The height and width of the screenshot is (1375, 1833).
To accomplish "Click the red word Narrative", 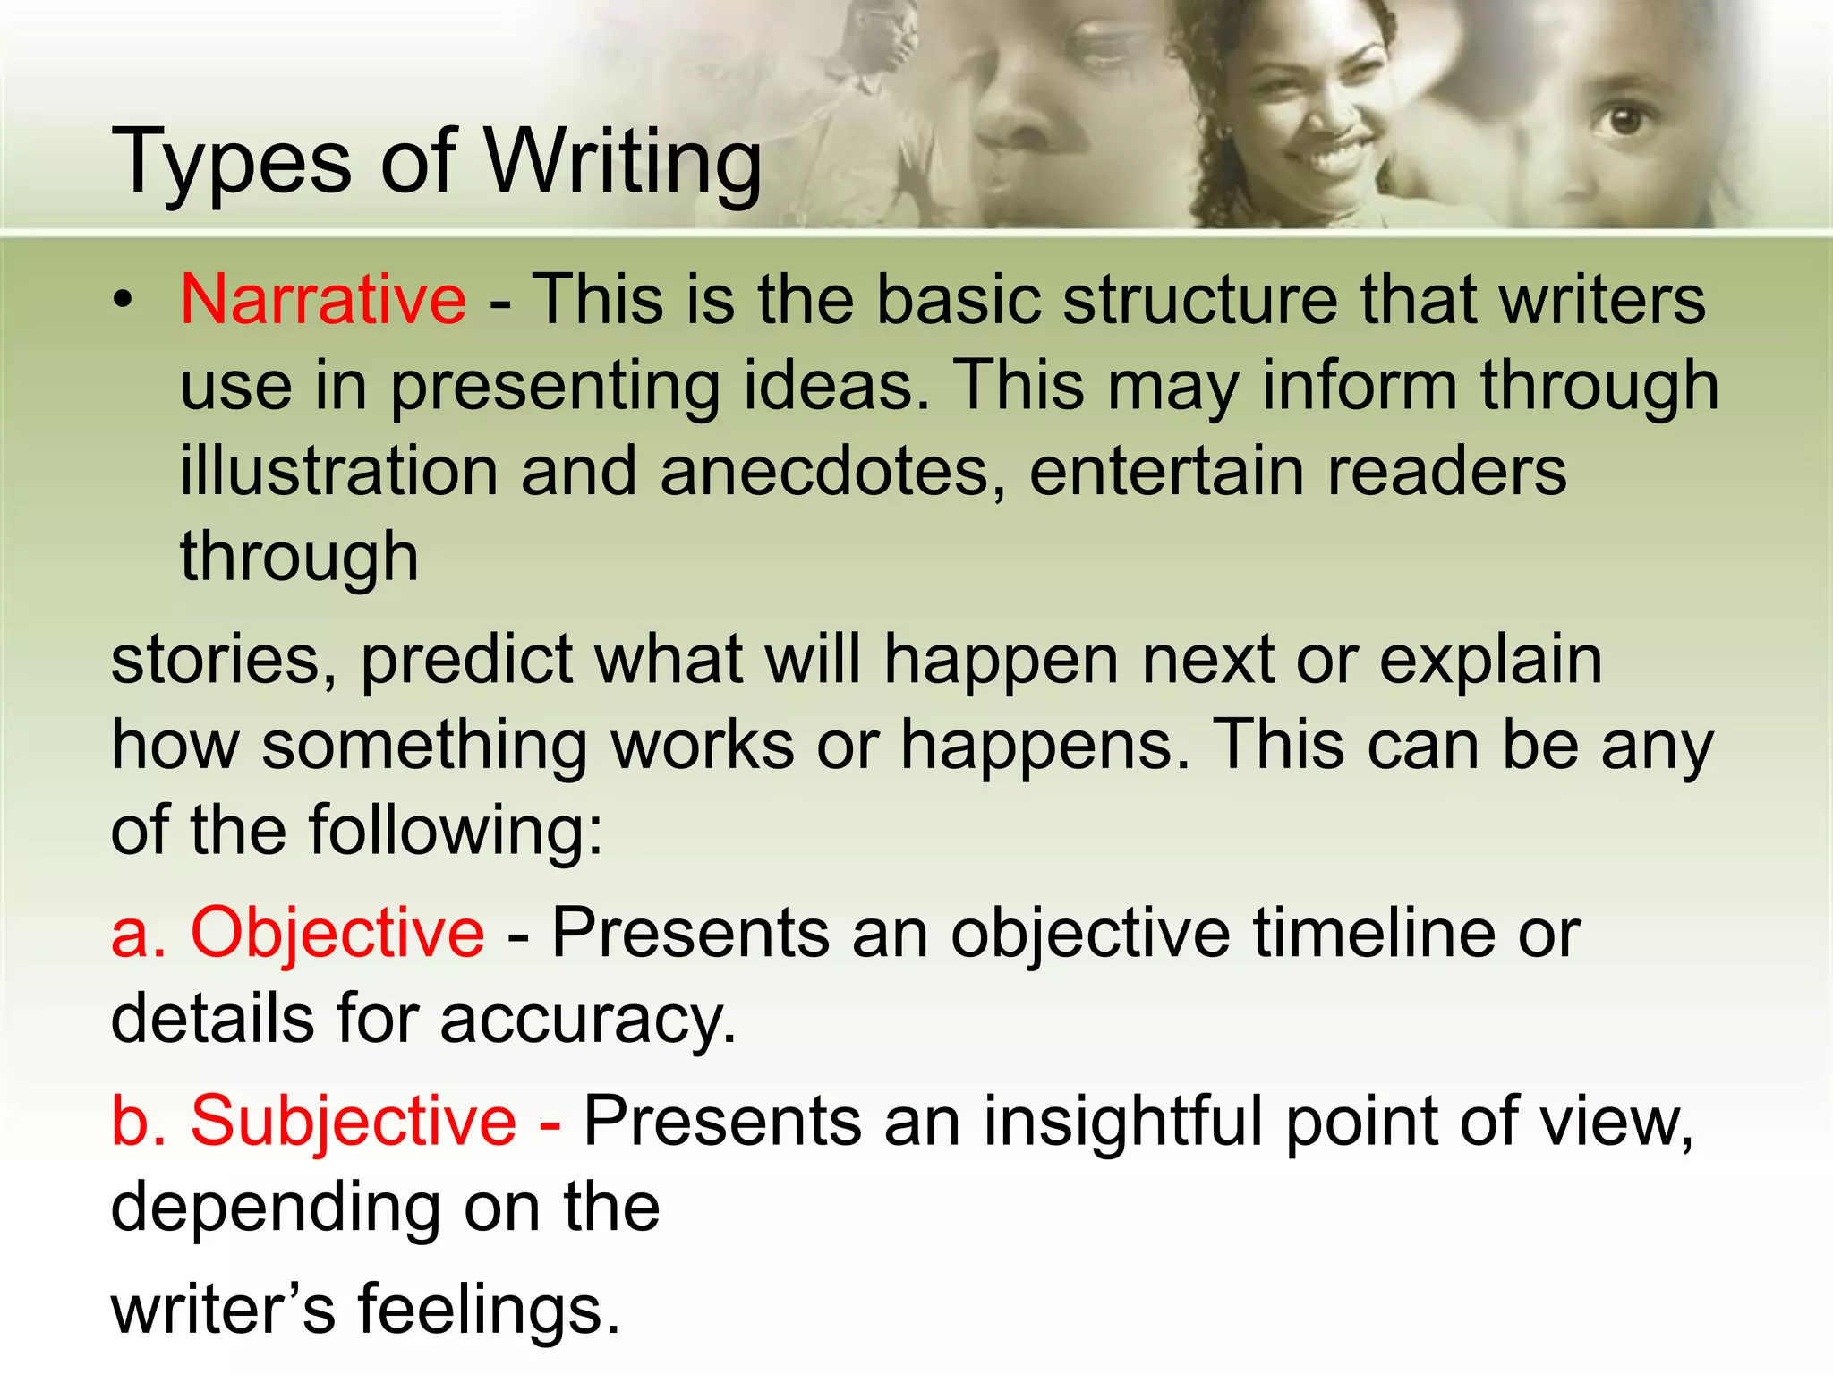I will coord(323,299).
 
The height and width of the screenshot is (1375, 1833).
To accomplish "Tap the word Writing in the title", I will coord(623,163).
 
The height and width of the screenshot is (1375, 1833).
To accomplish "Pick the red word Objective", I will coord(337,933).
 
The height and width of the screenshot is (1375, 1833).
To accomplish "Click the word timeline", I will coord(1375,933).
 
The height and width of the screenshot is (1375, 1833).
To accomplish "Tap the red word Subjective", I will coord(354,1121).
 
